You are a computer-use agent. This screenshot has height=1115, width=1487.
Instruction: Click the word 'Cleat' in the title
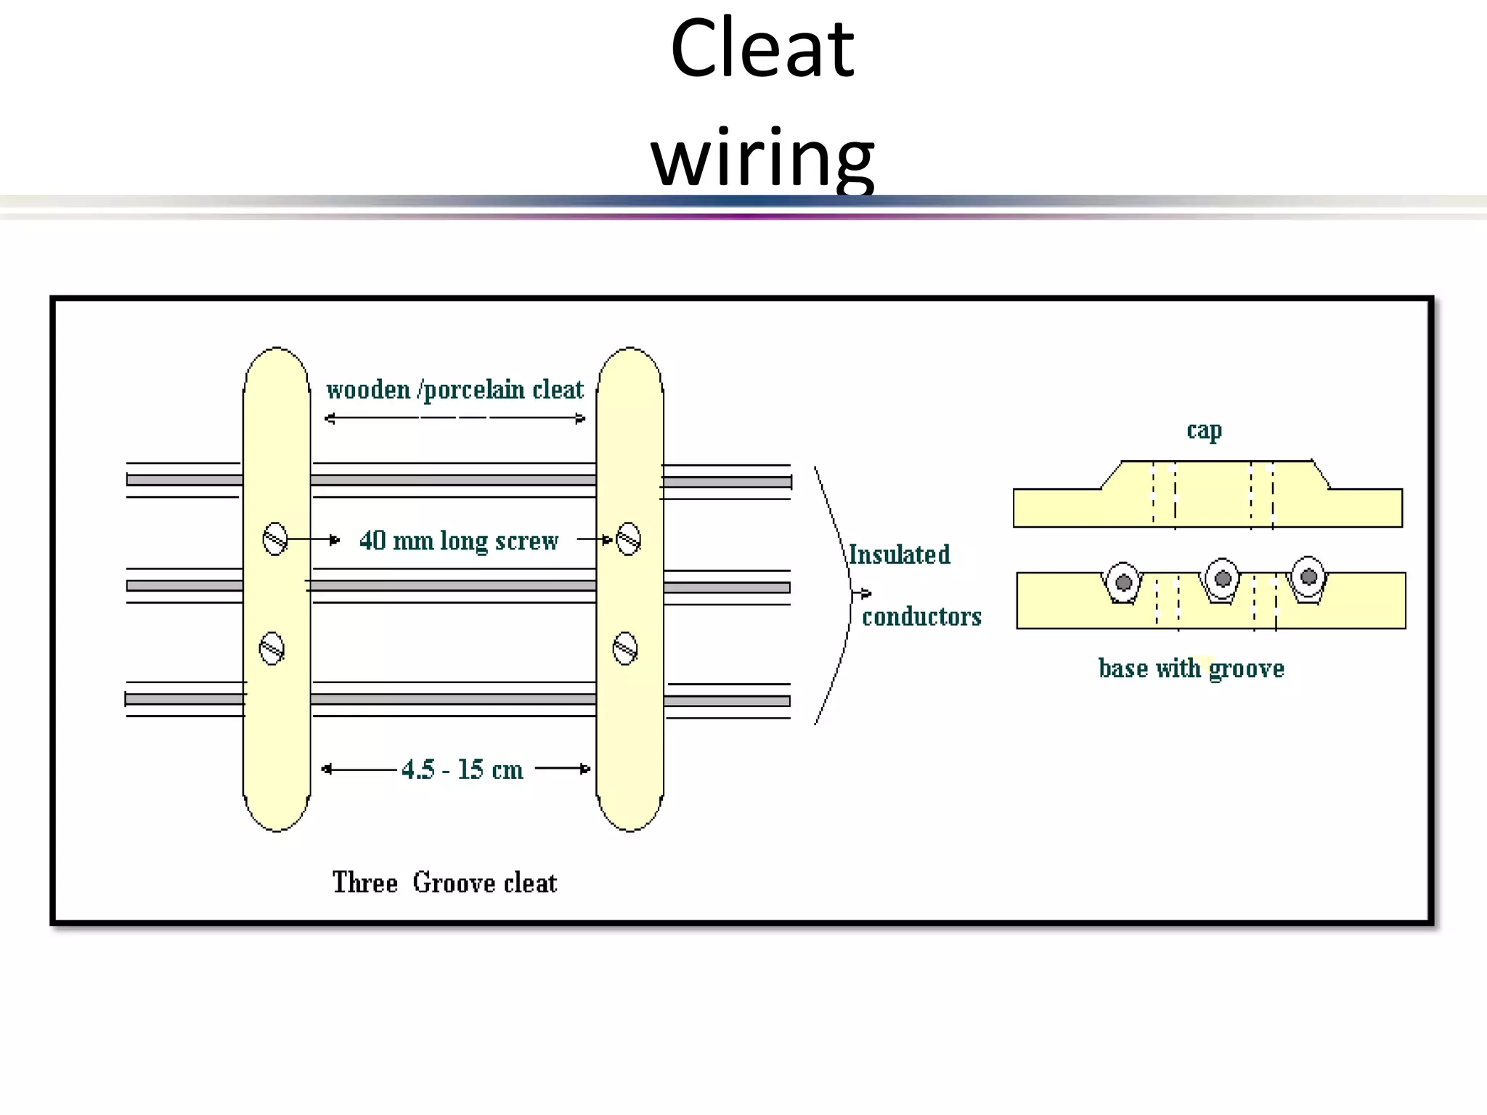coord(762,49)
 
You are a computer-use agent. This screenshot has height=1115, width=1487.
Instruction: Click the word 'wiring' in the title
coord(762,158)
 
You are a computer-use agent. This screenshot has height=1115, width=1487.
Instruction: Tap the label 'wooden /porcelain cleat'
coord(455,391)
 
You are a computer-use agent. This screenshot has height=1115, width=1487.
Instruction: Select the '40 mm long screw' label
coord(459,541)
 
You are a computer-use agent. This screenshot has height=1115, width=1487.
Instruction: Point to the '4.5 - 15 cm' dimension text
coord(462,769)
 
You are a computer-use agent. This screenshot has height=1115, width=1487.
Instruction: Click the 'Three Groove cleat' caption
coord(444,883)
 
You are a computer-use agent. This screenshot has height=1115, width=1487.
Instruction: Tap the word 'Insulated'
coord(899,555)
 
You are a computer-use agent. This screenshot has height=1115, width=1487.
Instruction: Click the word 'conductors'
coord(921,616)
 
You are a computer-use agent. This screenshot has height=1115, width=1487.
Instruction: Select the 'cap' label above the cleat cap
coord(1204,430)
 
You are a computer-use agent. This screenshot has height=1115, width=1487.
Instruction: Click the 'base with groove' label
coord(1191,668)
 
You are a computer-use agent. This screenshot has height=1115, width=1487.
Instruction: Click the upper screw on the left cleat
coord(274,539)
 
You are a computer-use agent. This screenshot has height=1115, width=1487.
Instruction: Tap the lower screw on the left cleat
coord(272,648)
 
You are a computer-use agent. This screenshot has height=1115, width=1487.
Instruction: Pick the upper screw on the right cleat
coord(628,539)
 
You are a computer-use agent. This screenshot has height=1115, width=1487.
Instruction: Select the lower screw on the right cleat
coord(625,648)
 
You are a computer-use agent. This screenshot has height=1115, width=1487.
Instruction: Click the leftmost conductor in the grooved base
coord(1123,582)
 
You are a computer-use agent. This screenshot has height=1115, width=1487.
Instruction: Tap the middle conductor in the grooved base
coord(1223,579)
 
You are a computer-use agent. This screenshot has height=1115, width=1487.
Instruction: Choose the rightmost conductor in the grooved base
coord(1308,576)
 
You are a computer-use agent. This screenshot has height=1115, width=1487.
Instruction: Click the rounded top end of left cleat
coord(277,363)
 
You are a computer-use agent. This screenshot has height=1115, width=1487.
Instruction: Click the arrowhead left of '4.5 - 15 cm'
coord(327,769)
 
